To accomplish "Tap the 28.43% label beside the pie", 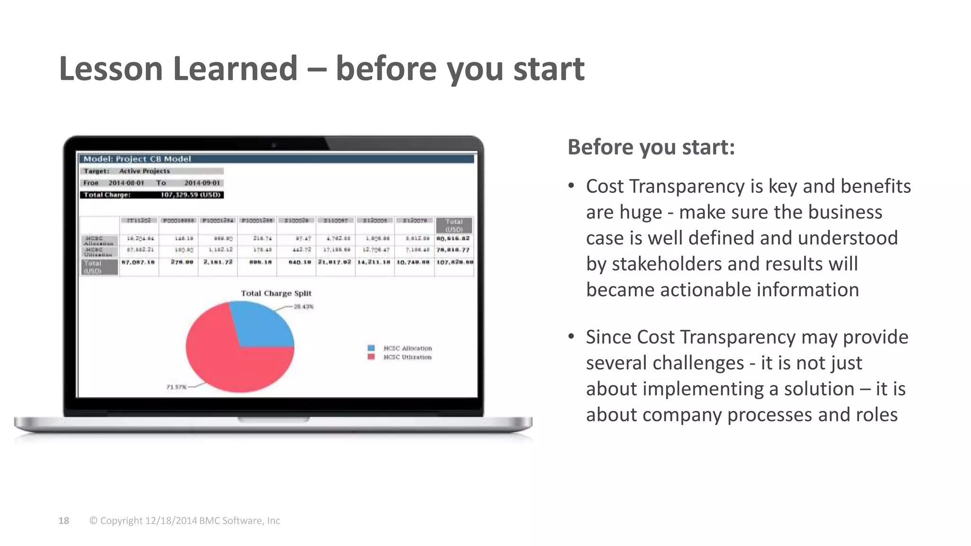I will tap(303, 307).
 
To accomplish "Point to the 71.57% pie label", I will tap(176, 387).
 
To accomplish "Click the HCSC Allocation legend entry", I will tap(407, 348).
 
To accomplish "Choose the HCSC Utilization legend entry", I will tap(407, 357).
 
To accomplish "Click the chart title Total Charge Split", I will tap(276, 293).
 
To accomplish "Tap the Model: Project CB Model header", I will tap(137, 159).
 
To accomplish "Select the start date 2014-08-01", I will tap(126, 183).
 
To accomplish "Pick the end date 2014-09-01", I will tap(202, 183).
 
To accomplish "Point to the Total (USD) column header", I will tap(454, 225).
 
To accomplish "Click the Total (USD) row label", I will tap(93, 267).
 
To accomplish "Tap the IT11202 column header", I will tap(139, 220).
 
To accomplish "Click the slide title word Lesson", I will tap(111, 69).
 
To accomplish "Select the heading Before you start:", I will tap(651, 147).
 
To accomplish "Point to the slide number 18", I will tap(64, 521).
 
